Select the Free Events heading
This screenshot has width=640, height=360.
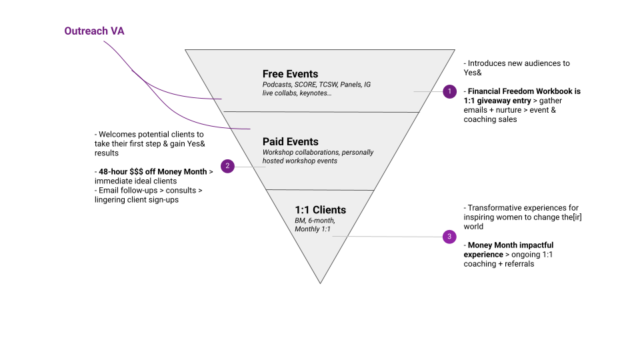[x=290, y=74]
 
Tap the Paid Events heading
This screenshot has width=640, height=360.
[x=290, y=141]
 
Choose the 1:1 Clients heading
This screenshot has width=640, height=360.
[x=320, y=210]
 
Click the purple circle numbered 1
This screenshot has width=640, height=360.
[x=449, y=91]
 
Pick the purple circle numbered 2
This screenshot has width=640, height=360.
[x=227, y=166]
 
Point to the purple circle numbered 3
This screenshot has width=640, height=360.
[x=449, y=236]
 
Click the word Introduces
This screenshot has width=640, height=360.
[x=490, y=63]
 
